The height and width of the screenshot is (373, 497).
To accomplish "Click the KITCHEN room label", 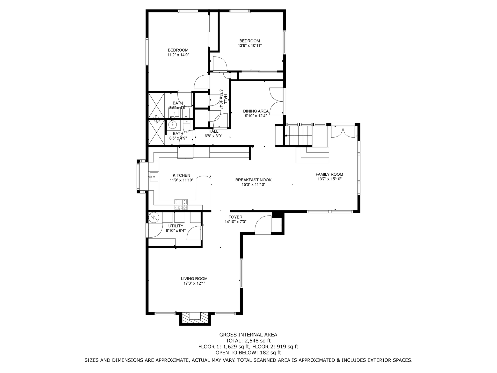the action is point(181,176).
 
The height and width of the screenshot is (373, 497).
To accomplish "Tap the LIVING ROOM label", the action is point(194,279).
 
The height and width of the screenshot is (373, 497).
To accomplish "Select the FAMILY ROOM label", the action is point(329,174).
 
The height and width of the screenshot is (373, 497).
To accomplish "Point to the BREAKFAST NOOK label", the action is point(253,180).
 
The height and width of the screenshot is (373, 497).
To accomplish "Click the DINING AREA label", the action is point(256,111).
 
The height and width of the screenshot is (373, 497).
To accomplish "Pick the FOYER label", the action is point(235,217).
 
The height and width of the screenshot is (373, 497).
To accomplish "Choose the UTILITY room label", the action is point(176,226).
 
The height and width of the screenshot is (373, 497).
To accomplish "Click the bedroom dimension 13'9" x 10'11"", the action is point(250,46).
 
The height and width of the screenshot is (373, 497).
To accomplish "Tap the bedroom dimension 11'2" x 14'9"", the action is point(178,55).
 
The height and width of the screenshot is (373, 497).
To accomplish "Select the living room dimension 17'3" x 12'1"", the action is point(194,283).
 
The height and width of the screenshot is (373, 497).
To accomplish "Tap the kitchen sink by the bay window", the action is point(154,176).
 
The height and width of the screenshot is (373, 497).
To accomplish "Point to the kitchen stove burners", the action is point(181,204).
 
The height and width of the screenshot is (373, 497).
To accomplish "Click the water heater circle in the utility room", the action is point(154,217).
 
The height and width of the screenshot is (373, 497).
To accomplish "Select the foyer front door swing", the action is point(263,225).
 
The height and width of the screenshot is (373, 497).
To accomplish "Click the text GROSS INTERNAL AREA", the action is point(248,335).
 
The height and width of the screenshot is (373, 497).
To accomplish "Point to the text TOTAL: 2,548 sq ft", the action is point(248,341).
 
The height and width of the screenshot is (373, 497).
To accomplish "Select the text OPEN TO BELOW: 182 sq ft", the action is point(248,353).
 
